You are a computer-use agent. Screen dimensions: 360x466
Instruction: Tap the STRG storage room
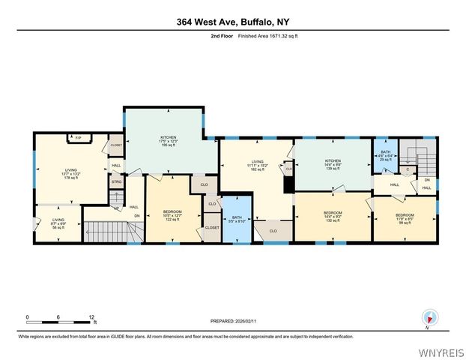click(x=116, y=181)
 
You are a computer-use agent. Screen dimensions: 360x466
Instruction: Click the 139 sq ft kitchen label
click(x=333, y=165)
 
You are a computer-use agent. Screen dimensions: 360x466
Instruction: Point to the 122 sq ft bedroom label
click(x=173, y=215)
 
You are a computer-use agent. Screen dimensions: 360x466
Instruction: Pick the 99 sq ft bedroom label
click(x=405, y=219)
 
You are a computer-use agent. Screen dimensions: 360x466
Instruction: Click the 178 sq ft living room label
click(x=70, y=174)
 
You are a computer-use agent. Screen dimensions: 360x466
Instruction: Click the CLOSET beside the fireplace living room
click(x=115, y=145)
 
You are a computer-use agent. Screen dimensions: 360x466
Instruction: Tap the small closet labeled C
click(x=407, y=169)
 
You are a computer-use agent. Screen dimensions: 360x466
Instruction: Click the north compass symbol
click(x=429, y=317)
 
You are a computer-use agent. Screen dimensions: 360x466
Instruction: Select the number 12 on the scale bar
click(x=91, y=316)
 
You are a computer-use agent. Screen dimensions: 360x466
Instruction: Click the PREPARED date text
click(x=232, y=320)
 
